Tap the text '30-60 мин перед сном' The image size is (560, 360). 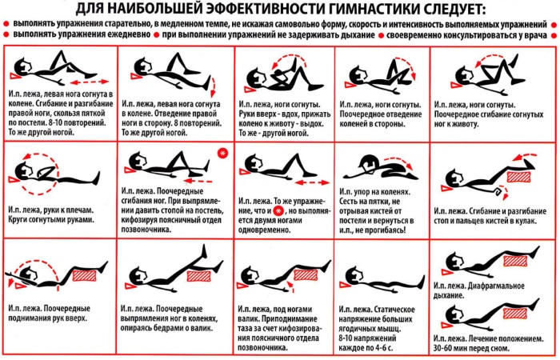coord(475,348)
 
